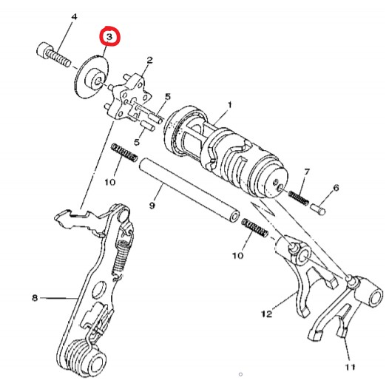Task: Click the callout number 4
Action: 73,16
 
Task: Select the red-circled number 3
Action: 109,35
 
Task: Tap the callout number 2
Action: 149,60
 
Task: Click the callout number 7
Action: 306,172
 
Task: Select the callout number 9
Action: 152,205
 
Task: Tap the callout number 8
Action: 34,298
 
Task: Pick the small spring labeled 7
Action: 297,196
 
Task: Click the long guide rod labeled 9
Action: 192,189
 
